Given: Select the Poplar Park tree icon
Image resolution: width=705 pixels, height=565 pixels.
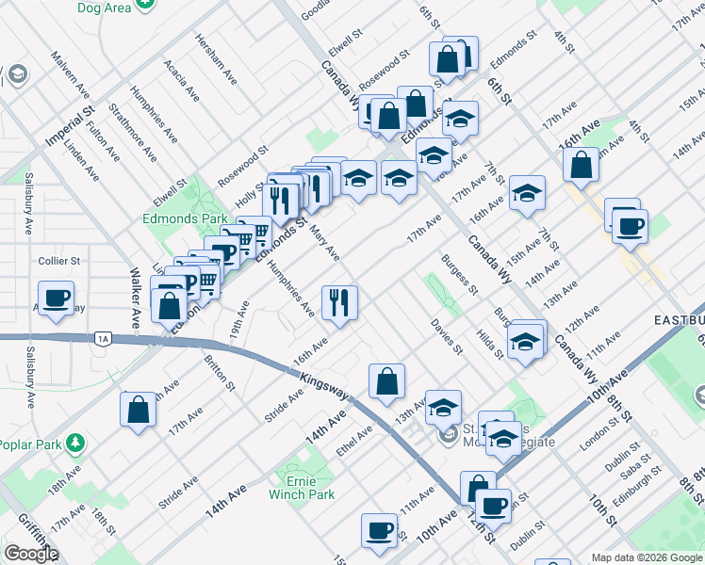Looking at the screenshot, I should coord(75,444).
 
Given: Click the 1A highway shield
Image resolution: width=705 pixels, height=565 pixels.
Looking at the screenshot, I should coord(103,338).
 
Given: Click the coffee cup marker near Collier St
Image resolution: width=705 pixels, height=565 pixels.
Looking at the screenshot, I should coord(57,299).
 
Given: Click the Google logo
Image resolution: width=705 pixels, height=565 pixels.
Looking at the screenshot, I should coord(31,554).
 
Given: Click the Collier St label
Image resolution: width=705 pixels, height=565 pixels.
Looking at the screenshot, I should coord(59,261).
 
